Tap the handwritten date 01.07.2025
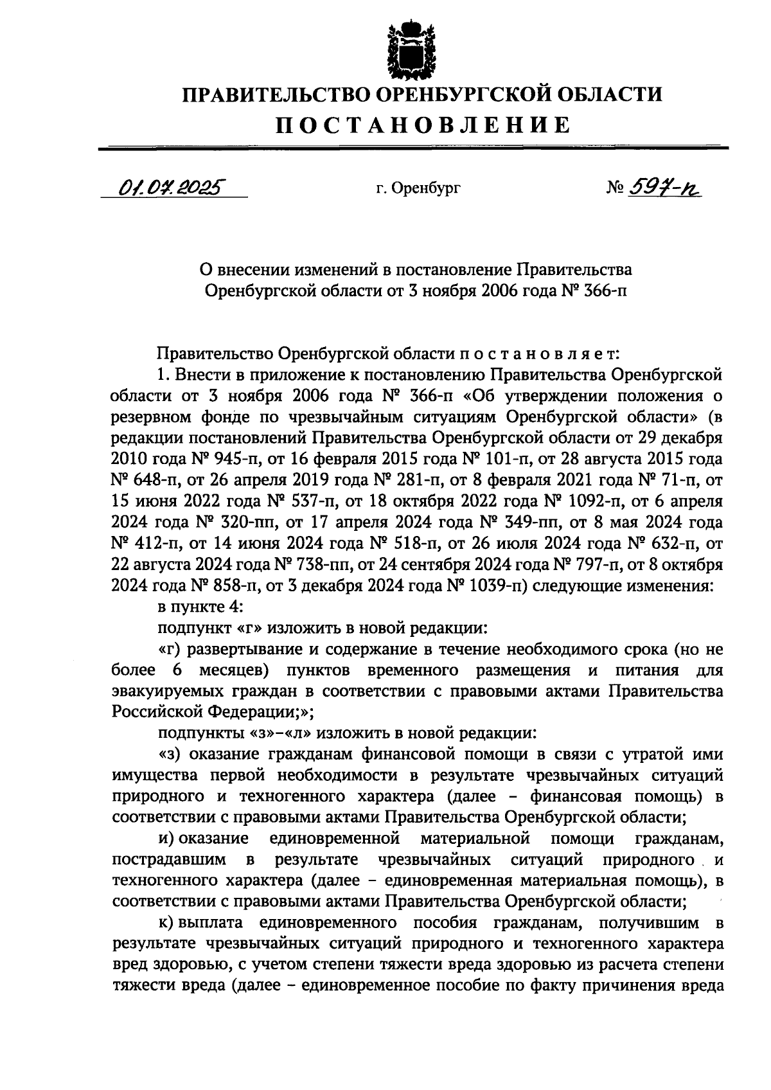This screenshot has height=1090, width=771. pos(169,188)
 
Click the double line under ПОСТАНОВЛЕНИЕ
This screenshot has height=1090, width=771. pos(414,148)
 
